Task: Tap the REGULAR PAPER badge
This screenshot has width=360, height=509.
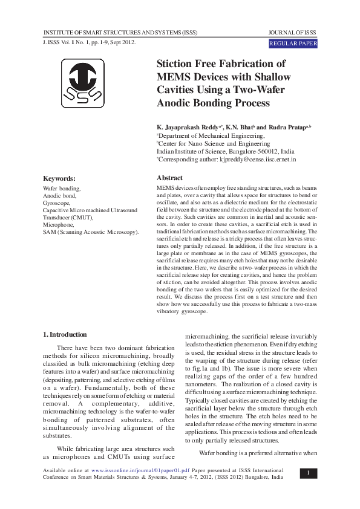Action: pyautogui.click(x=292, y=44)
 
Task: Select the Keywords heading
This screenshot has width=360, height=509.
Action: pyautogui.click(x=59, y=178)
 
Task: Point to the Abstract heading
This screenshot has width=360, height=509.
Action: pyautogui.click(x=169, y=178)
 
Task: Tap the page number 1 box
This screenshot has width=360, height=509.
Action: pyautogui.click(x=308, y=473)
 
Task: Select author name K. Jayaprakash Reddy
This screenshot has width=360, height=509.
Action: pyautogui.click(x=189, y=128)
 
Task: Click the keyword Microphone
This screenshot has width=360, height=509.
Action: pyautogui.click(x=58, y=224)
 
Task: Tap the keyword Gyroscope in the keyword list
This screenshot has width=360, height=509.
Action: pyautogui.click(x=56, y=203)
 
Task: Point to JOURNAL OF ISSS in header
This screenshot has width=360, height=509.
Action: pyautogui.click(x=292, y=31)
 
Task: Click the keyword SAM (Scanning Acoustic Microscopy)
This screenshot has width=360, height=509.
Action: pyautogui.click(x=91, y=232)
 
